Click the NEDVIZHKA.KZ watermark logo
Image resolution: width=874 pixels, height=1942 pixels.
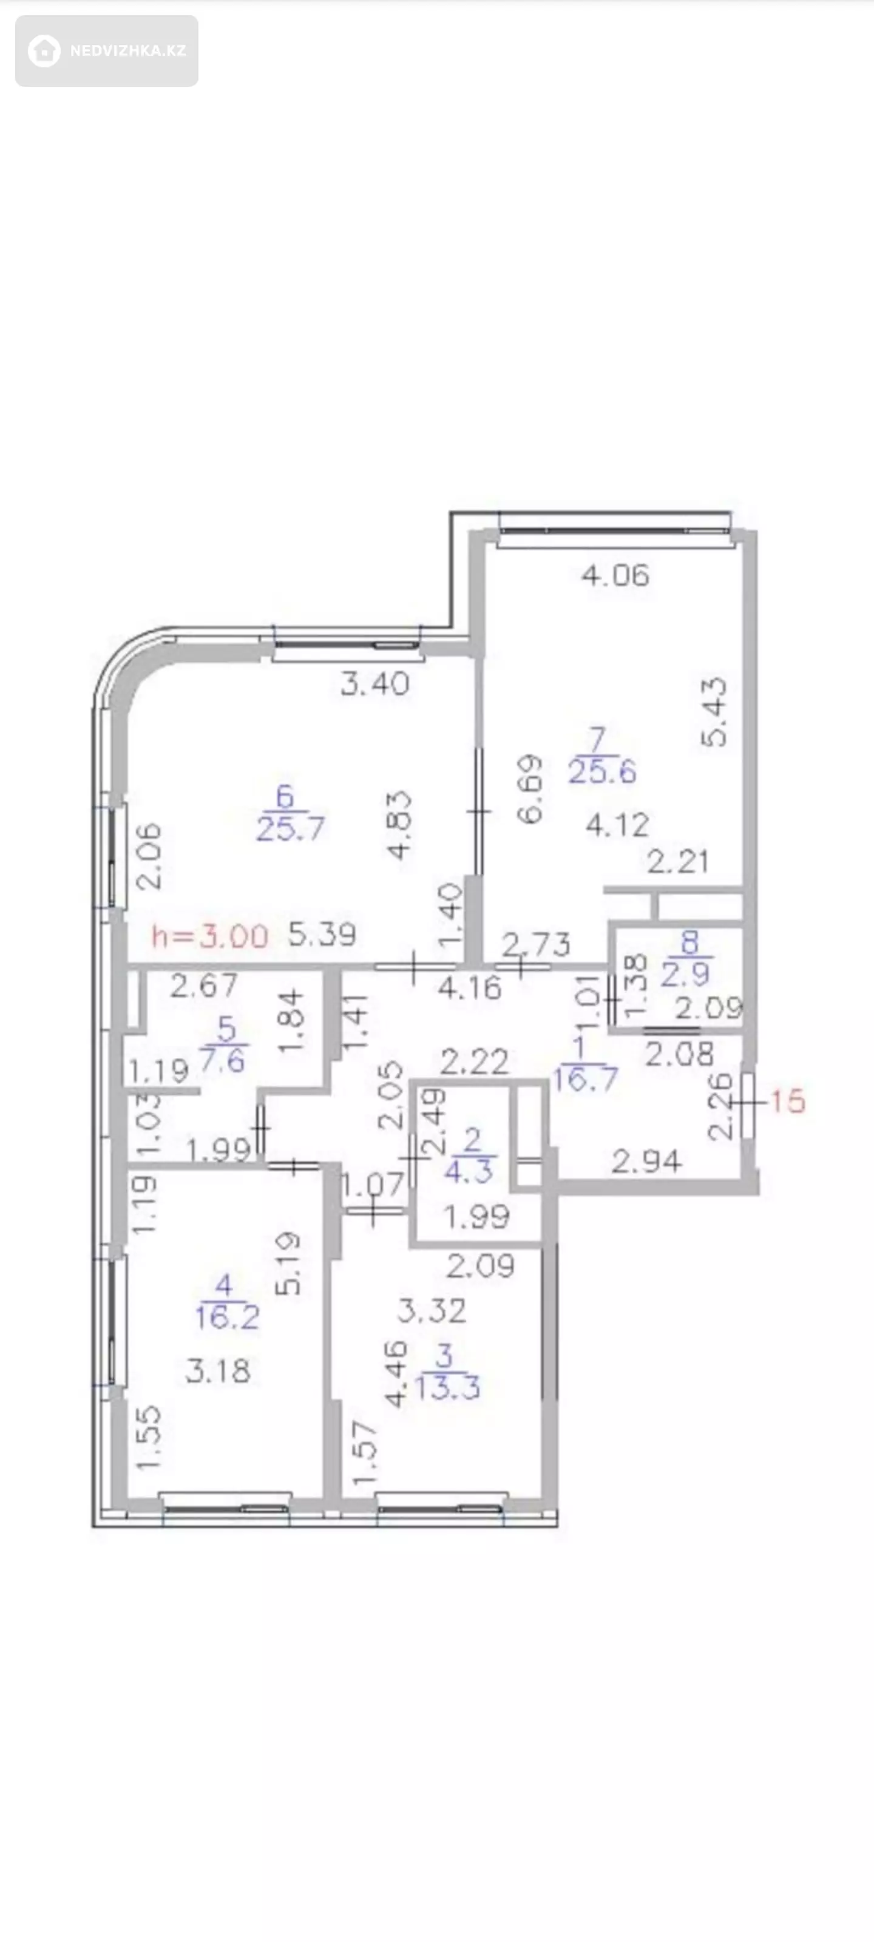tap(106, 50)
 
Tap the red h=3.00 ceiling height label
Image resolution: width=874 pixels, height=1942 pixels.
tap(209, 936)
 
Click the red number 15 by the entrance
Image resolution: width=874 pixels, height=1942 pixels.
tap(788, 1101)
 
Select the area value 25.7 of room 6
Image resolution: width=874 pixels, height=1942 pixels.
tap(290, 828)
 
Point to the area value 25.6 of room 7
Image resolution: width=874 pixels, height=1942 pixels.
tap(601, 771)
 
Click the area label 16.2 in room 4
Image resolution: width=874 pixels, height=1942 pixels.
tap(227, 1317)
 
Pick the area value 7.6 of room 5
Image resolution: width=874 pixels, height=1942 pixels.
tap(223, 1061)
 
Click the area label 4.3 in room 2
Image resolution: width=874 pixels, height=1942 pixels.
tap(469, 1171)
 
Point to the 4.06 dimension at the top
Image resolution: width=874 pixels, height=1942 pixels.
tap(615, 576)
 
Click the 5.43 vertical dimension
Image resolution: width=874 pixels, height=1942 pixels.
tap(714, 712)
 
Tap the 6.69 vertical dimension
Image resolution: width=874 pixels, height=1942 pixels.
tap(531, 790)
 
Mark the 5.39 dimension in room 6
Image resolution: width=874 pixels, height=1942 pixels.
tap(322, 935)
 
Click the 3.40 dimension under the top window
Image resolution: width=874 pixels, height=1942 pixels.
tap(374, 685)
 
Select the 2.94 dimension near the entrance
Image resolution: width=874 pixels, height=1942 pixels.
tap(646, 1162)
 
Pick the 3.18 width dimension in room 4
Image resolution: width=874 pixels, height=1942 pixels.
tap(218, 1370)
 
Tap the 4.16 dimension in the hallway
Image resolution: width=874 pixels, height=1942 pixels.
tap(470, 987)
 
